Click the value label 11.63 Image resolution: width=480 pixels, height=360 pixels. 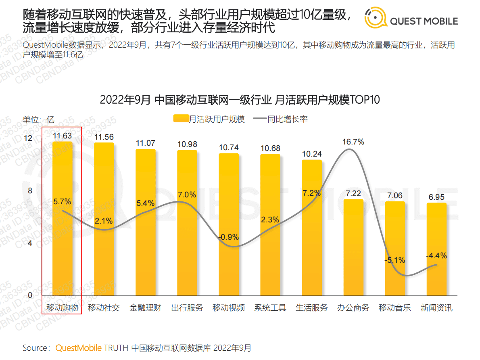tap(62, 136)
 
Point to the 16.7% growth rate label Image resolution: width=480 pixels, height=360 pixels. tap(353, 142)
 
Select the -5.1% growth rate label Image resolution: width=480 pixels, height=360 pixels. tap(394, 260)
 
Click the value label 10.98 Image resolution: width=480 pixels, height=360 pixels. tap(187, 144)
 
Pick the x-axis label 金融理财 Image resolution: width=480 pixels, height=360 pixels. tap(145, 308)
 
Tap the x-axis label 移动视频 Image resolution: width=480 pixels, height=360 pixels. tap(229, 308)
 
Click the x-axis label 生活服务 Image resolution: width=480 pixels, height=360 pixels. tap(311, 308)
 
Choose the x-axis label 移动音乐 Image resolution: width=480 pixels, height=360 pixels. tap(394, 308)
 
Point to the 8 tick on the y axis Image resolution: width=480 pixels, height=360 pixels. tap(29, 190)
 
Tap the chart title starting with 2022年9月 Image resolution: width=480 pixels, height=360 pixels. tap(240, 100)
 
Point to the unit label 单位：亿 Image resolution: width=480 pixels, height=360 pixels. tap(38, 119)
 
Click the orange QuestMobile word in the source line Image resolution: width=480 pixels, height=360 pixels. tap(78, 348)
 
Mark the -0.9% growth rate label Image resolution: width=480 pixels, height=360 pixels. tap(229, 237)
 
